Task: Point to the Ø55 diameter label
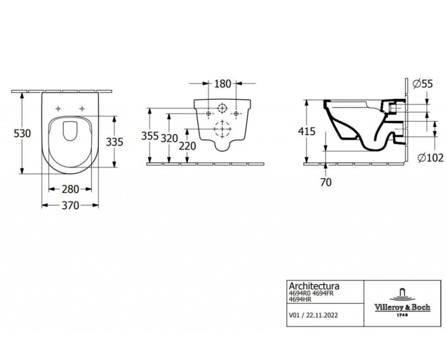[423, 84]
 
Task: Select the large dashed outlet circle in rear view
[222, 129]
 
